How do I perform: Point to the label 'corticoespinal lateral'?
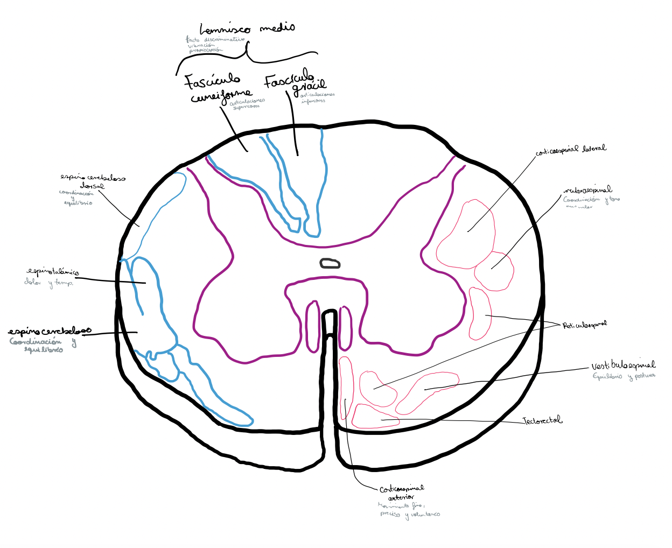coord(570,150)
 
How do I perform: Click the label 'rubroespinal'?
coord(587,191)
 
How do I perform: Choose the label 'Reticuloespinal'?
coord(584,325)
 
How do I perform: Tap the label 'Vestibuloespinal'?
coord(623,366)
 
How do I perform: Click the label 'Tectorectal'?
coord(542,420)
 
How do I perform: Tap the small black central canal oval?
coord(330,263)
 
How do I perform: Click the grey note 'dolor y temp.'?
coord(48,282)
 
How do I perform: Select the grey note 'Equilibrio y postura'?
coord(624,376)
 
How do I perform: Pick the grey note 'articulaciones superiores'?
coord(247,103)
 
